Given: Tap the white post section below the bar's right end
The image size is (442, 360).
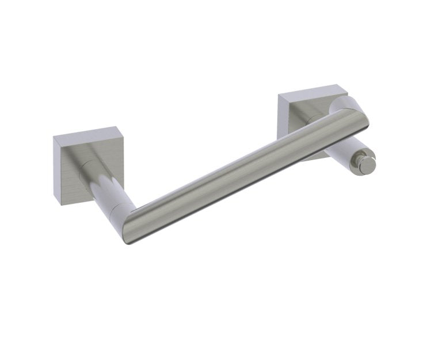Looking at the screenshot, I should coord(343,149).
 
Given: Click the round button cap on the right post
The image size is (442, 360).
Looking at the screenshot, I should coord(366,164).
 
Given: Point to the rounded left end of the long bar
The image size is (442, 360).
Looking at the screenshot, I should coord(130,228).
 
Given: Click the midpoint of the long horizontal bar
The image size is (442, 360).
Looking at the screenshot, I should coord(242,170).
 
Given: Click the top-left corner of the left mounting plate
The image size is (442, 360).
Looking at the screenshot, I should coord(54,138).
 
